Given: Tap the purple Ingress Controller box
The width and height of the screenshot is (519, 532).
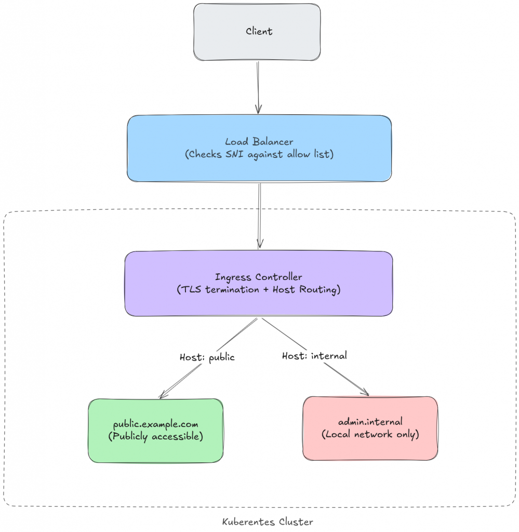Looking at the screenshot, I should [258, 301].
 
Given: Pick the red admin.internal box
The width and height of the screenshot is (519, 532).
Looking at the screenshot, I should [370, 447].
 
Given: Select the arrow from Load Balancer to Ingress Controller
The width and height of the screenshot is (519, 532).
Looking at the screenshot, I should [259, 213].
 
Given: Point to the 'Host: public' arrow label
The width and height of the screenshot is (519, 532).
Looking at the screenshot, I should [207, 357].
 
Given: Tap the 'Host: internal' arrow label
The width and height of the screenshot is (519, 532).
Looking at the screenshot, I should [314, 356].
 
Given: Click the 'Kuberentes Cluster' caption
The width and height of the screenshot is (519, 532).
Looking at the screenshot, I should [268, 522].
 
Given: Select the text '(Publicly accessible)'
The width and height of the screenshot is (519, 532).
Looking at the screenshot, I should [155, 436].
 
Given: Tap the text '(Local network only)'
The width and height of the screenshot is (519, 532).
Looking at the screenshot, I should [370, 434].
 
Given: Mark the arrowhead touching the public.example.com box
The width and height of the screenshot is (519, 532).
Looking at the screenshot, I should [163, 395].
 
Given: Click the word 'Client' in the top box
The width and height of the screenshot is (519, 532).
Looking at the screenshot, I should [259, 31].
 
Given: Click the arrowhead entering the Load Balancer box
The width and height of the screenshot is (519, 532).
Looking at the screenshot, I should [258, 110].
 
